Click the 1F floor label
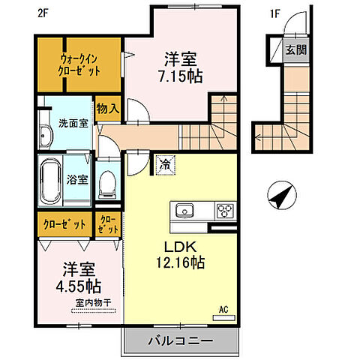tap(254, 13)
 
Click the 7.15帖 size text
tap(180, 76)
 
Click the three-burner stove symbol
tap(225, 210)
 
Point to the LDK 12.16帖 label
tap(178, 254)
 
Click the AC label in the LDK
tap(223, 309)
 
